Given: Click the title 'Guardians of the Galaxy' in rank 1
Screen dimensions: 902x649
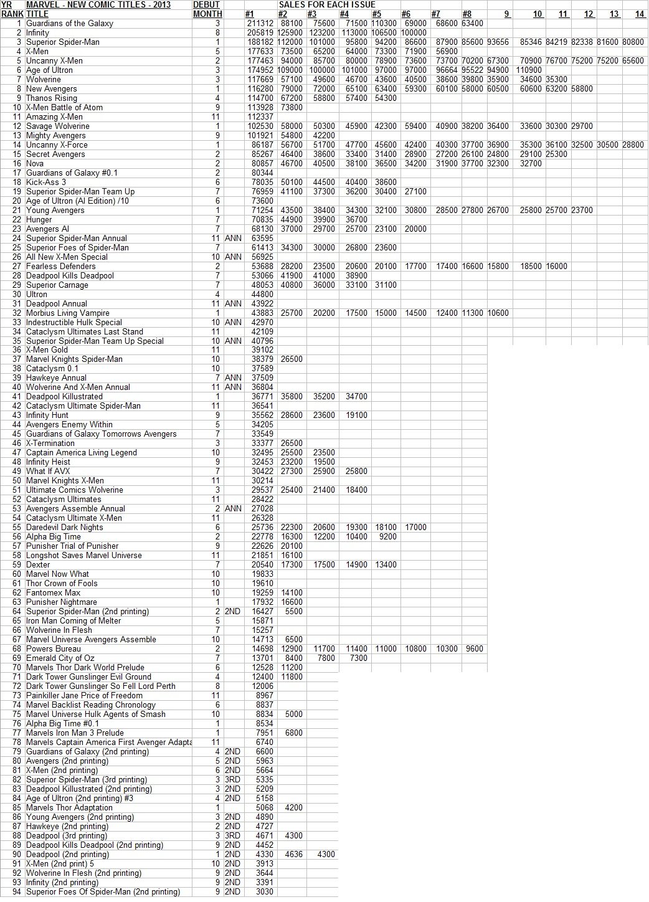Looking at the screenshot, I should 70,24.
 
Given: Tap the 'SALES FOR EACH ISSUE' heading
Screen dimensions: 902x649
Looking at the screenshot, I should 327,5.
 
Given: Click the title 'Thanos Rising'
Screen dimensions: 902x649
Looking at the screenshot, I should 52,98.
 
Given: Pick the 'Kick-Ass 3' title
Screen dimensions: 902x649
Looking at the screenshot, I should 46,183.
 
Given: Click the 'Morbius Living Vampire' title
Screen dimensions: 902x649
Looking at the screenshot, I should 68,313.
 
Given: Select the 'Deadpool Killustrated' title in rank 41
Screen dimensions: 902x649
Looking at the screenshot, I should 64,397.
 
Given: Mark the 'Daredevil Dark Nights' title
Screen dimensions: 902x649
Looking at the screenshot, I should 65,528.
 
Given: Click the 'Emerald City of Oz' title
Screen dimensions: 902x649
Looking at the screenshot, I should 60,658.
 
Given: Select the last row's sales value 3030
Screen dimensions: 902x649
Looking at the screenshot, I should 265,892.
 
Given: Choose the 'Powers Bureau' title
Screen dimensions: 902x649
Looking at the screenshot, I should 54,649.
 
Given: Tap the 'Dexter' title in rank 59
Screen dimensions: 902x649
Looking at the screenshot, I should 38,565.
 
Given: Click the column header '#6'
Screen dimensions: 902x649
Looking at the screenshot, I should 405,14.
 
